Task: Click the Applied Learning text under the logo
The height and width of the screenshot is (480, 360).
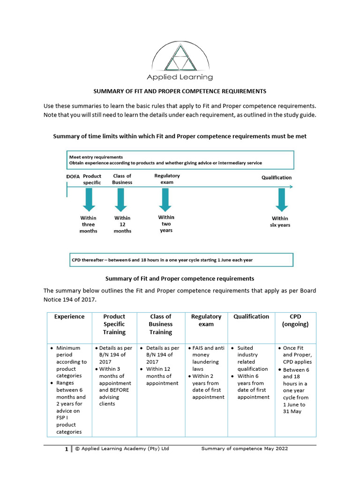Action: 180,77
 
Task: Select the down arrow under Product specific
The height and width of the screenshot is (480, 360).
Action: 89,199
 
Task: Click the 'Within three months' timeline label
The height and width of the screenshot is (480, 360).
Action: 89,224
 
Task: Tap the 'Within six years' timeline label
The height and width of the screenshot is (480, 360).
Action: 280,222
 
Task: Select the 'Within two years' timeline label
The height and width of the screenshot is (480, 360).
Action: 166,224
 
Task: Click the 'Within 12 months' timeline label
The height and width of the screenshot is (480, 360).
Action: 122,224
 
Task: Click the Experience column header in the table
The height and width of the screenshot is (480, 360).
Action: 69,317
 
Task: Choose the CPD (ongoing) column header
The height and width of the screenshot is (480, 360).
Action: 295,320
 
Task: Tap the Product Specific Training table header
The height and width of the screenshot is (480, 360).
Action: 114,324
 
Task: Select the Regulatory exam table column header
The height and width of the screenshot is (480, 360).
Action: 206,320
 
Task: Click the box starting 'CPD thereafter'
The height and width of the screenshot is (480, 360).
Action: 181,260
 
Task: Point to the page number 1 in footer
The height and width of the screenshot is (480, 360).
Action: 67,449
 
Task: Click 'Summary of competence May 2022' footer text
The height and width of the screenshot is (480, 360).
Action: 244,449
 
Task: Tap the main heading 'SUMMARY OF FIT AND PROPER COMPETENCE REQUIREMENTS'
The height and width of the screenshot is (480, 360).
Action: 180,91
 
